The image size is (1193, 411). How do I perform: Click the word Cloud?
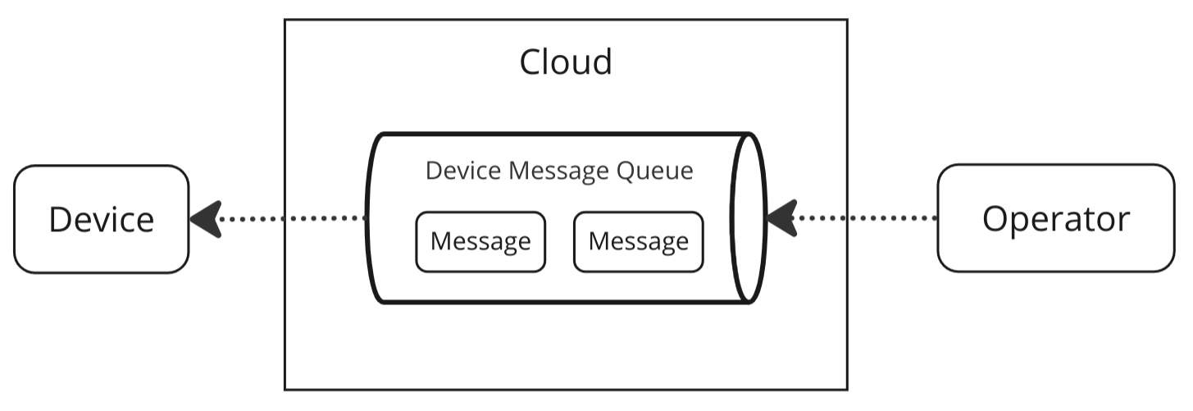(566, 62)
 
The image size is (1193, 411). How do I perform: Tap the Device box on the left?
(101, 219)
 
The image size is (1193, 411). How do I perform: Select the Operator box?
(1055, 218)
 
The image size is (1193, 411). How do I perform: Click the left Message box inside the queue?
(480, 241)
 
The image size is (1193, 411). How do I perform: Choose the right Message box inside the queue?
(638, 241)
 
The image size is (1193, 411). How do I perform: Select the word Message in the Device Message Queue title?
(558, 171)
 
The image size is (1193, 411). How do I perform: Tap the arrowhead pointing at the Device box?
(205, 219)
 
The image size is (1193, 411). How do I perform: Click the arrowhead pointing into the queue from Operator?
(781, 218)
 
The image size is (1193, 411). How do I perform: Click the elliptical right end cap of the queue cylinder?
(749, 217)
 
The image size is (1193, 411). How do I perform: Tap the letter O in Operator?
(995, 219)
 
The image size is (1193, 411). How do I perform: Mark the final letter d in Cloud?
(603, 62)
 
